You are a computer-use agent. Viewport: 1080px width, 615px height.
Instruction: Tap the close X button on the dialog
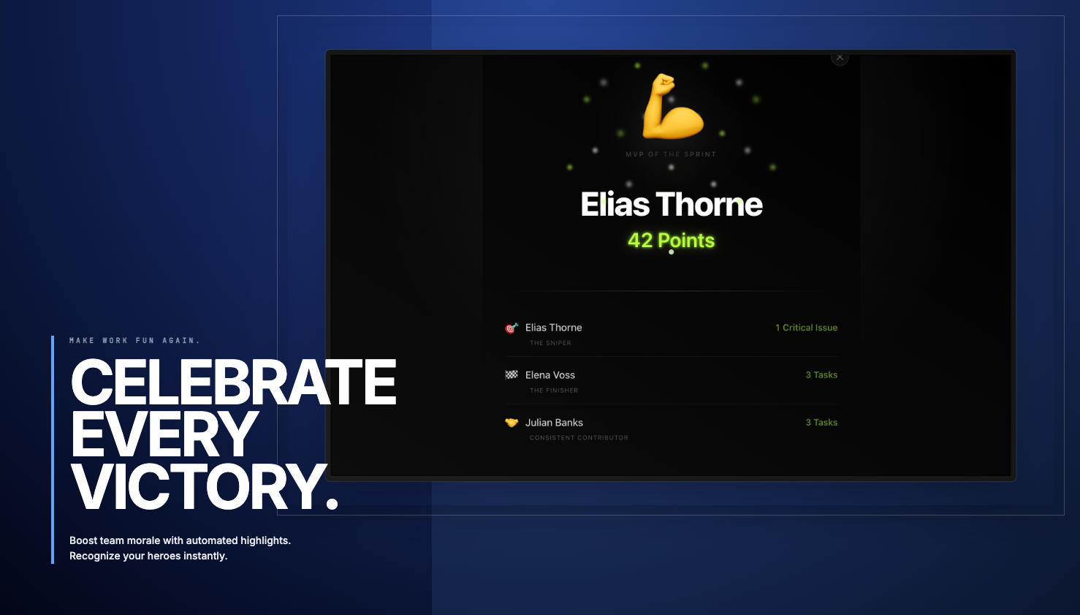(x=840, y=57)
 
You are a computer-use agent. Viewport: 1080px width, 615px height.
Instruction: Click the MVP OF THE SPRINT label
(x=671, y=154)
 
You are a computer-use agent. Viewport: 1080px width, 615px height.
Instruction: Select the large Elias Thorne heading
(x=672, y=205)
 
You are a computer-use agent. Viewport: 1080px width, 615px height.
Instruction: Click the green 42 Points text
(x=671, y=241)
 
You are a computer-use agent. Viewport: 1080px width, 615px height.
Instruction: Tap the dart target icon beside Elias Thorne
(x=512, y=328)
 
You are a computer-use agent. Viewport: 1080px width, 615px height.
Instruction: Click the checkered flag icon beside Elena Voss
(x=512, y=375)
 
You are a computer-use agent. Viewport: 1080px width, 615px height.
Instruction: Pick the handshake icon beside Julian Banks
(x=512, y=423)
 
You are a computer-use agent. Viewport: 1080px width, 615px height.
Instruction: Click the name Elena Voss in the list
(x=550, y=375)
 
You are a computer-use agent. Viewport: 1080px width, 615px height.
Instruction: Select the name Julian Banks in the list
(x=554, y=423)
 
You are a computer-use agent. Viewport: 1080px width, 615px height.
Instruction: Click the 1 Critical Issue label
(x=806, y=328)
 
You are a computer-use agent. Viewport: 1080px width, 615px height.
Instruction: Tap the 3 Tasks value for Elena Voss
(x=821, y=375)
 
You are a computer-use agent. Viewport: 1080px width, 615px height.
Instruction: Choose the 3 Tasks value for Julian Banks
(x=821, y=423)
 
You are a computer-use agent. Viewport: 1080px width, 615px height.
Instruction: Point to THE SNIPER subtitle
(x=550, y=343)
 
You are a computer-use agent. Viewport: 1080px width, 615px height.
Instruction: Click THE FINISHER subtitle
(x=553, y=390)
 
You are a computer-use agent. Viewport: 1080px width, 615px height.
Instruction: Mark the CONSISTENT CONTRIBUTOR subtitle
(x=579, y=438)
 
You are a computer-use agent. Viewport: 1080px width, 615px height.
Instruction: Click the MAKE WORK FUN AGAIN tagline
(x=134, y=341)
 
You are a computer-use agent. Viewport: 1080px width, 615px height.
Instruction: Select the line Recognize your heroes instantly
(x=148, y=556)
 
